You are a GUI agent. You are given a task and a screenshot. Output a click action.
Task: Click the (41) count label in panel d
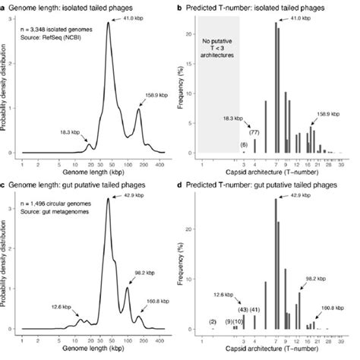point(254,309)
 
